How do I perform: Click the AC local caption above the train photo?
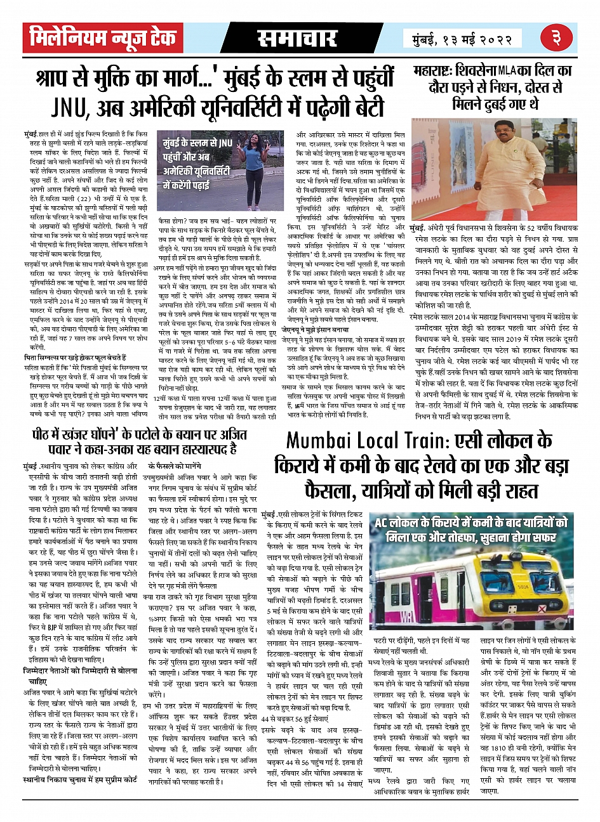(470, 528)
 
